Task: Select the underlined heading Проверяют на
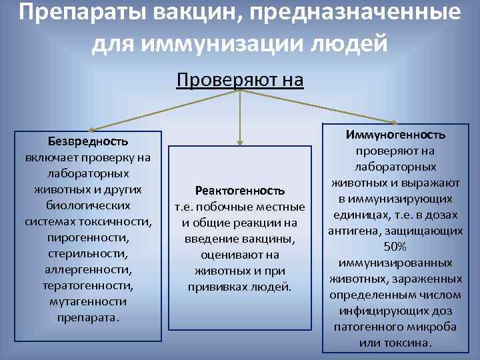tap(240, 81)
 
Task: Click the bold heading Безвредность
tap(88, 141)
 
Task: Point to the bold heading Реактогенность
tap(239, 190)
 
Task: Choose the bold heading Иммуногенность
tap(395, 135)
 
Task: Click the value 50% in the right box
tap(395, 247)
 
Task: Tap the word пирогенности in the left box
tap(88, 237)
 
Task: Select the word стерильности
tap(88, 253)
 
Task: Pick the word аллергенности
tap(88, 269)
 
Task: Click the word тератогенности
tap(88, 285)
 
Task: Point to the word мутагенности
tap(88, 301)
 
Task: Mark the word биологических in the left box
tap(88, 205)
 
